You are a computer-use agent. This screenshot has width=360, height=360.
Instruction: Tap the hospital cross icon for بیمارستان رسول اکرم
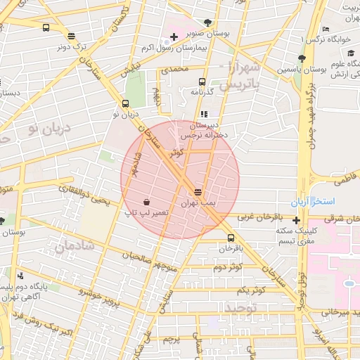pos(174,36)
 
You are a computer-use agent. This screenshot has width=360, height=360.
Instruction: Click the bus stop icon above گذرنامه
pos(202,82)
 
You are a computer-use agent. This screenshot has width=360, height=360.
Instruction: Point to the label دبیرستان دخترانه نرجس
pos(204,129)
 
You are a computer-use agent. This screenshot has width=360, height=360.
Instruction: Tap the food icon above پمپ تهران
pos(198,191)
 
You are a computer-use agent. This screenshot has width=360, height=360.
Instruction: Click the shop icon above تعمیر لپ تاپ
pos(146,200)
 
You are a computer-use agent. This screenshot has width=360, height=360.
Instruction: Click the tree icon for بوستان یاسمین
pos(302,59)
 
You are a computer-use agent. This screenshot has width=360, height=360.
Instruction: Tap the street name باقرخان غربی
pos(260,218)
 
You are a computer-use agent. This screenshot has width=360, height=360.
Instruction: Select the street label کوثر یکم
pos(250,290)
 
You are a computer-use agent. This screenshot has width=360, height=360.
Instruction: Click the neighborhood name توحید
pos(243,309)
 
